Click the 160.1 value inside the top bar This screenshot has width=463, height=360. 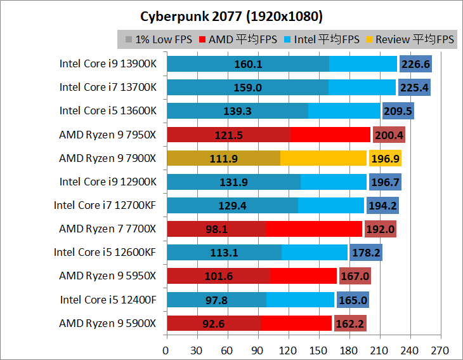coord(248,64)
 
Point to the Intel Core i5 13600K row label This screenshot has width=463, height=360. coord(108,110)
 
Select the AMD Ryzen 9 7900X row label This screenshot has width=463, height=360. coord(107,158)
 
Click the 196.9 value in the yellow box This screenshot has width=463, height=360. coord(386,158)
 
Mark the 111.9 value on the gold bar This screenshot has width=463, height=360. coord(223,158)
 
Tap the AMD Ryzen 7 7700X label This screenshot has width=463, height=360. coord(107,229)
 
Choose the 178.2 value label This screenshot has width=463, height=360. coord(366,253)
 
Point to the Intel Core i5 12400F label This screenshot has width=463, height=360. coord(108,300)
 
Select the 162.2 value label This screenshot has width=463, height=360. coord(350,323)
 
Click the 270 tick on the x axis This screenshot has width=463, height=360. coord(440,350)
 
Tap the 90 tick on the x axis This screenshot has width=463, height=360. coord(258,350)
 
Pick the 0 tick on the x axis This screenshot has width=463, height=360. coord(166,350)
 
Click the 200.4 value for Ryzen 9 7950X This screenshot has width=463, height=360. coord(389,135)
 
